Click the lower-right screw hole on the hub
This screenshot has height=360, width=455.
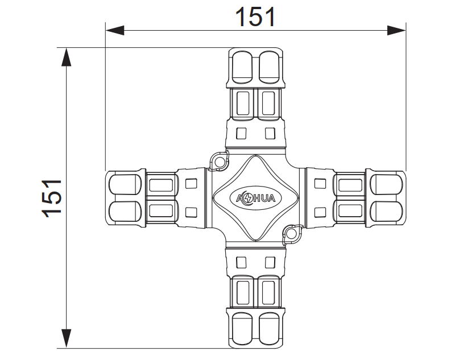292,233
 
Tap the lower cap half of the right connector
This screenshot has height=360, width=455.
388,212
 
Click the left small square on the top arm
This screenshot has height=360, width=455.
241,134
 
